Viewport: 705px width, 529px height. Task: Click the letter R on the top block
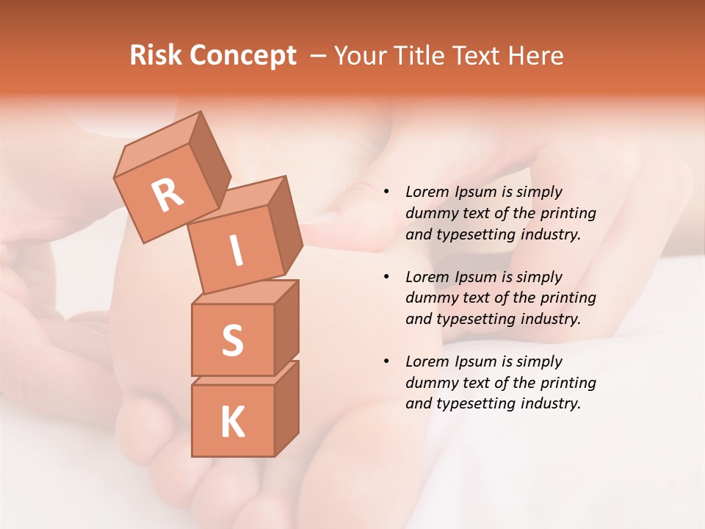click(167, 195)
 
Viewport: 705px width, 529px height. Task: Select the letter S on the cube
click(232, 339)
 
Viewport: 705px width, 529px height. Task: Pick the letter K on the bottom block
click(232, 422)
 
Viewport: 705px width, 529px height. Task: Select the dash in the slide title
click(319, 56)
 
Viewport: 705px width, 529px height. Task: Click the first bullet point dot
click(386, 192)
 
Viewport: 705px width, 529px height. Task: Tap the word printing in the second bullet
click(568, 298)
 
